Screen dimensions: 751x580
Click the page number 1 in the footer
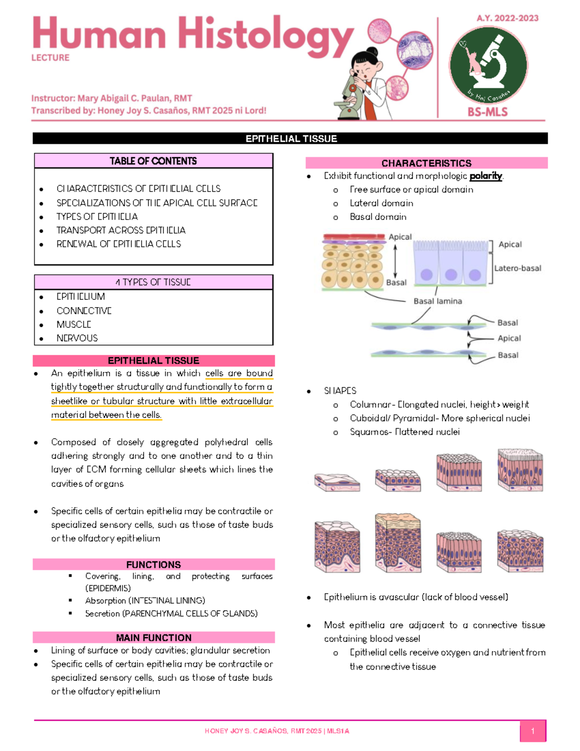(x=533, y=731)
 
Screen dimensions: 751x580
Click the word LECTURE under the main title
(x=50, y=58)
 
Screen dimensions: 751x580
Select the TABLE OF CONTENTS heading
(x=153, y=161)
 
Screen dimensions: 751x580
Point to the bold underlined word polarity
(x=486, y=176)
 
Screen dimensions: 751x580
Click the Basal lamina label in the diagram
(x=437, y=301)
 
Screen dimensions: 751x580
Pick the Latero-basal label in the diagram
(x=518, y=268)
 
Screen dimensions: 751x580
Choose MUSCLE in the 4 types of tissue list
(x=74, y=324)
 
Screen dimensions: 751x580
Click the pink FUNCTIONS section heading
(x=153, y=565)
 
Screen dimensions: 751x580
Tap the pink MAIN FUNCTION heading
(x=153, y=638)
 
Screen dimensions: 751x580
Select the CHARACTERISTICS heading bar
(x=426, y=163)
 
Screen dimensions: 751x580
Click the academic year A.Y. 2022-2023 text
(x=507, y=18)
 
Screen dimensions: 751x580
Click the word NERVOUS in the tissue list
(x=77, y=339)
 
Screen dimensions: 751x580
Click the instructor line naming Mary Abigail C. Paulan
(x=112, y=99)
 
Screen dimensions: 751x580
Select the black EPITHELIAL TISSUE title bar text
(x=291, y=139)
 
